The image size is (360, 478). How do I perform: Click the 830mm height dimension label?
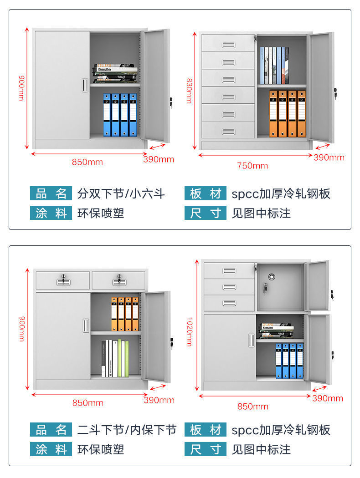pyautogui.click(x=189, y=91)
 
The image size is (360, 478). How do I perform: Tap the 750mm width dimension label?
pyautogui.click(x=252, y=166)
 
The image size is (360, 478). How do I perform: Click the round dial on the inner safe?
pyautogui.click(x=272, y=277)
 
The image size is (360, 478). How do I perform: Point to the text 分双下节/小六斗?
pyautogui.click(x=121, y=194)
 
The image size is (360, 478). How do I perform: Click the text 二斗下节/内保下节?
pyautogui.click(x=127, y=430)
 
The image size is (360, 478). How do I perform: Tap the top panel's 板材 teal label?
pyautogui.click(x=206, y=194)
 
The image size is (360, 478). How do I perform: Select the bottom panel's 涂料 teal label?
pyautogui.click(x=51, y=449)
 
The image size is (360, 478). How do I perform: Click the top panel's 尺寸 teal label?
pyautogui.click(x=206, y=213)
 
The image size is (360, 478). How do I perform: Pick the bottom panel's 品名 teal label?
pyautogui.click(x=51, y=430)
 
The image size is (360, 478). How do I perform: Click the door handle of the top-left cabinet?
pyautogui.click(x=84, y=85)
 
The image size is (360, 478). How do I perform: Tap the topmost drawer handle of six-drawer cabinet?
pyautogui.click(x=228, y=45)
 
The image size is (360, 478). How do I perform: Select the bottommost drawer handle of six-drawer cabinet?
pyautogui.click(x=228, y=132)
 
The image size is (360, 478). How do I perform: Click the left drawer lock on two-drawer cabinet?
pyautogui.click(x=63, y=279)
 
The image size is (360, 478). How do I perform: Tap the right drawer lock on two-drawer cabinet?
pyautogui.click(x=118, y=279)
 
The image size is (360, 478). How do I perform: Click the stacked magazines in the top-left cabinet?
pyautogui.click(x=116, y=73)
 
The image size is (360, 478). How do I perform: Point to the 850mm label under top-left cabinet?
pyautogui.click(x=87, y=162)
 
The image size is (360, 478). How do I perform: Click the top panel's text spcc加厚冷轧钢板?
pyautogui.click(x=281, y=194)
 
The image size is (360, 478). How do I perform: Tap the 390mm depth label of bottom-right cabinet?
pyautogui.click(x=328, y=398)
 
